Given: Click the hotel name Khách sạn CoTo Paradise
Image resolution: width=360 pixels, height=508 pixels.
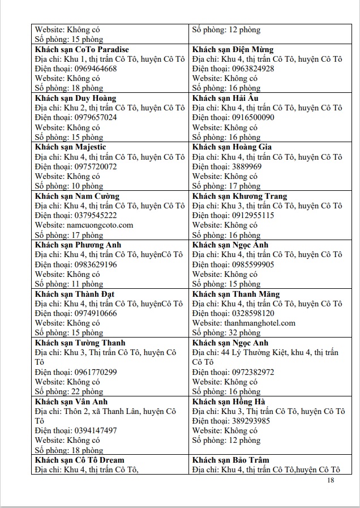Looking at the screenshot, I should click(82, 49).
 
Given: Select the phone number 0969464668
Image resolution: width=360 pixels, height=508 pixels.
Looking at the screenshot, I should click(96, 69).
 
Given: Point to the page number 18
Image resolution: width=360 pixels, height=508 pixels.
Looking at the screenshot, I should click(331, 480).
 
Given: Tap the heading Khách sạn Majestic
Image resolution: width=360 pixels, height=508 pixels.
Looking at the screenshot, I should click(70, 147).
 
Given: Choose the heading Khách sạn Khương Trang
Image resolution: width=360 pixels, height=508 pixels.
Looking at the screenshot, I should click(239, 196).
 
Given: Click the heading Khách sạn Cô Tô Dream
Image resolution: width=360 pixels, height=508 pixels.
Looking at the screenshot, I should click(79, 460).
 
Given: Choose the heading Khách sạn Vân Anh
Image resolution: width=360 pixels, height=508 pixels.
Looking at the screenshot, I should click(71, 402).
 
